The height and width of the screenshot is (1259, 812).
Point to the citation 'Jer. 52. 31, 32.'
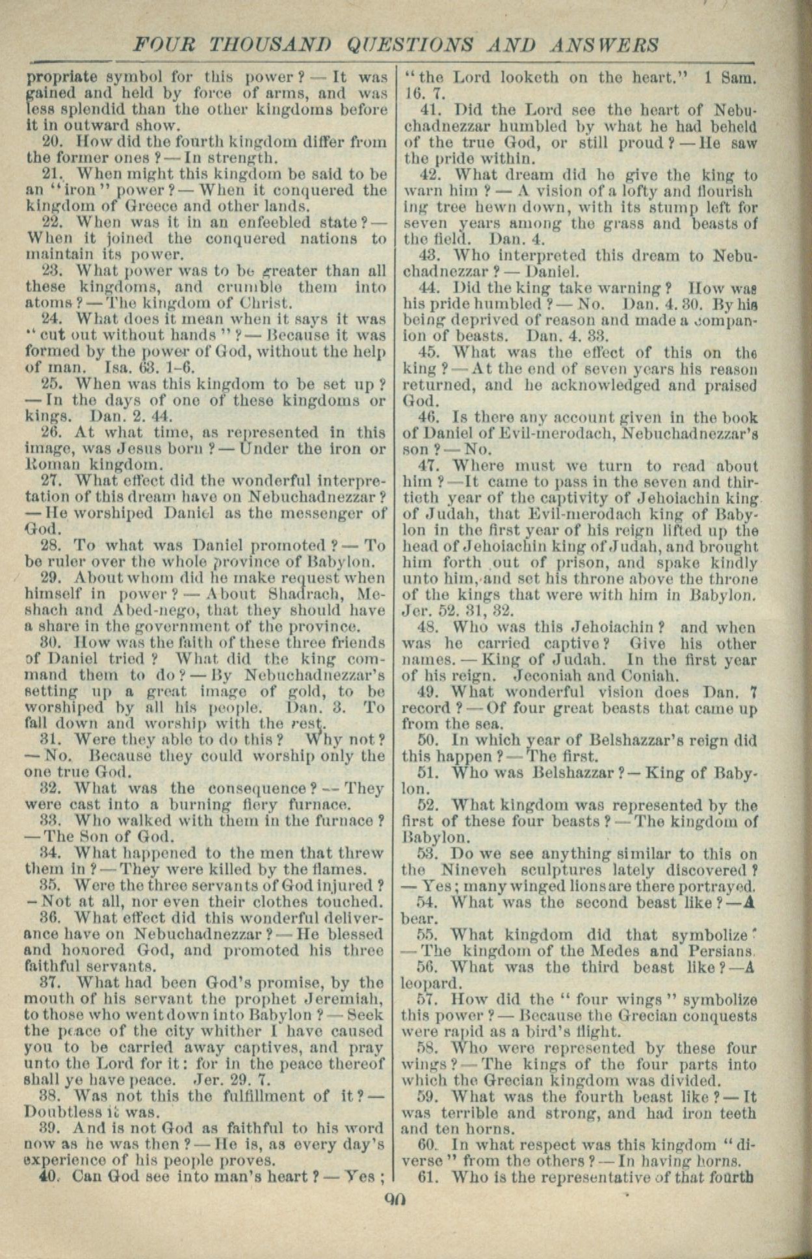458,611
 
